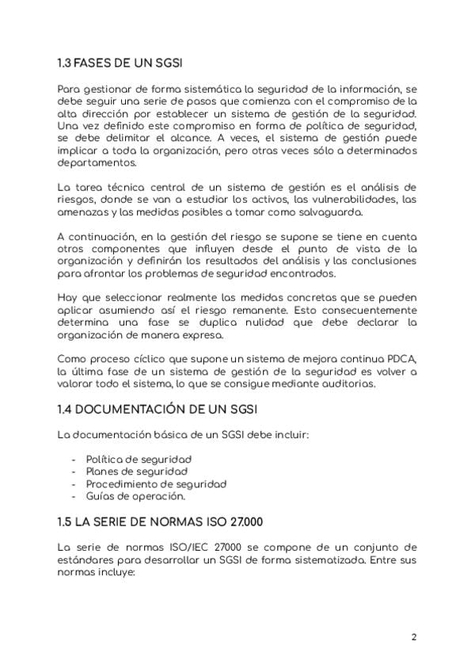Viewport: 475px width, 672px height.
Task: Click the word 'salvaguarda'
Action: point(329,212)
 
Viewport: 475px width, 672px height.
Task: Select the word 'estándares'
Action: point(85,559)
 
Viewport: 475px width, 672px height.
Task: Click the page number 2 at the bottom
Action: point(414,636)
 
